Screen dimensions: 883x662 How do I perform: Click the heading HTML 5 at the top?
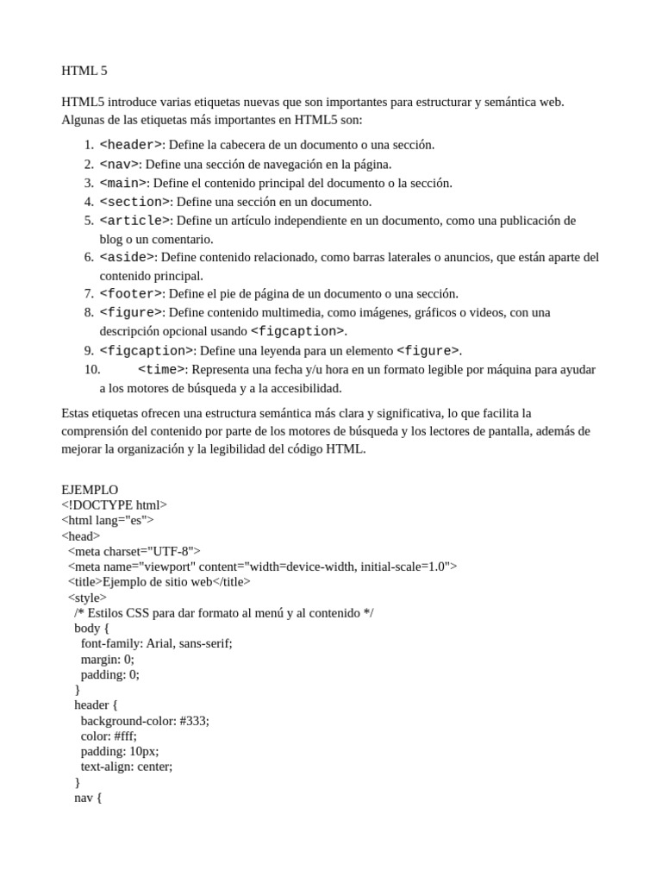(x=84, y=71)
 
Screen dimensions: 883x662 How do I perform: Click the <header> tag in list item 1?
(x=131, y=145)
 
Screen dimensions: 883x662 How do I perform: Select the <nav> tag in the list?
(x=120, y=164)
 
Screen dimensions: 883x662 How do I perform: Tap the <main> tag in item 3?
(x=124, y=183)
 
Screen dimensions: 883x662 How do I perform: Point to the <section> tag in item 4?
(x=135, y=202)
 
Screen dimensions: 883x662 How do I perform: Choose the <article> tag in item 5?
(x=135, y=221)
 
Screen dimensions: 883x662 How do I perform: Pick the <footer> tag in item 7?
(x=131, y=294)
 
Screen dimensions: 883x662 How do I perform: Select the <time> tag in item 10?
(x=161, y=370)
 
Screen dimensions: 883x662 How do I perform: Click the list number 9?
(x=89, y=351)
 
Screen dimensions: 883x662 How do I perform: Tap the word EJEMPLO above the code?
(x=90, y=490)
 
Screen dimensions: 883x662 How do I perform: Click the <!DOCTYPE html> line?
(x=115, y=505)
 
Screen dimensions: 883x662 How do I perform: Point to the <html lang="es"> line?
(x=107, y=521)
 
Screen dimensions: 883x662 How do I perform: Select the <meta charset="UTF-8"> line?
(x=134, y=551)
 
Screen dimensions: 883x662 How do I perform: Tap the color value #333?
(x=194, y=721)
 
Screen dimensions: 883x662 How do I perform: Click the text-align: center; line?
(x=127, y=767)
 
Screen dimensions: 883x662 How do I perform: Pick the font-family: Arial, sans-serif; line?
(x=156, y=643)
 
